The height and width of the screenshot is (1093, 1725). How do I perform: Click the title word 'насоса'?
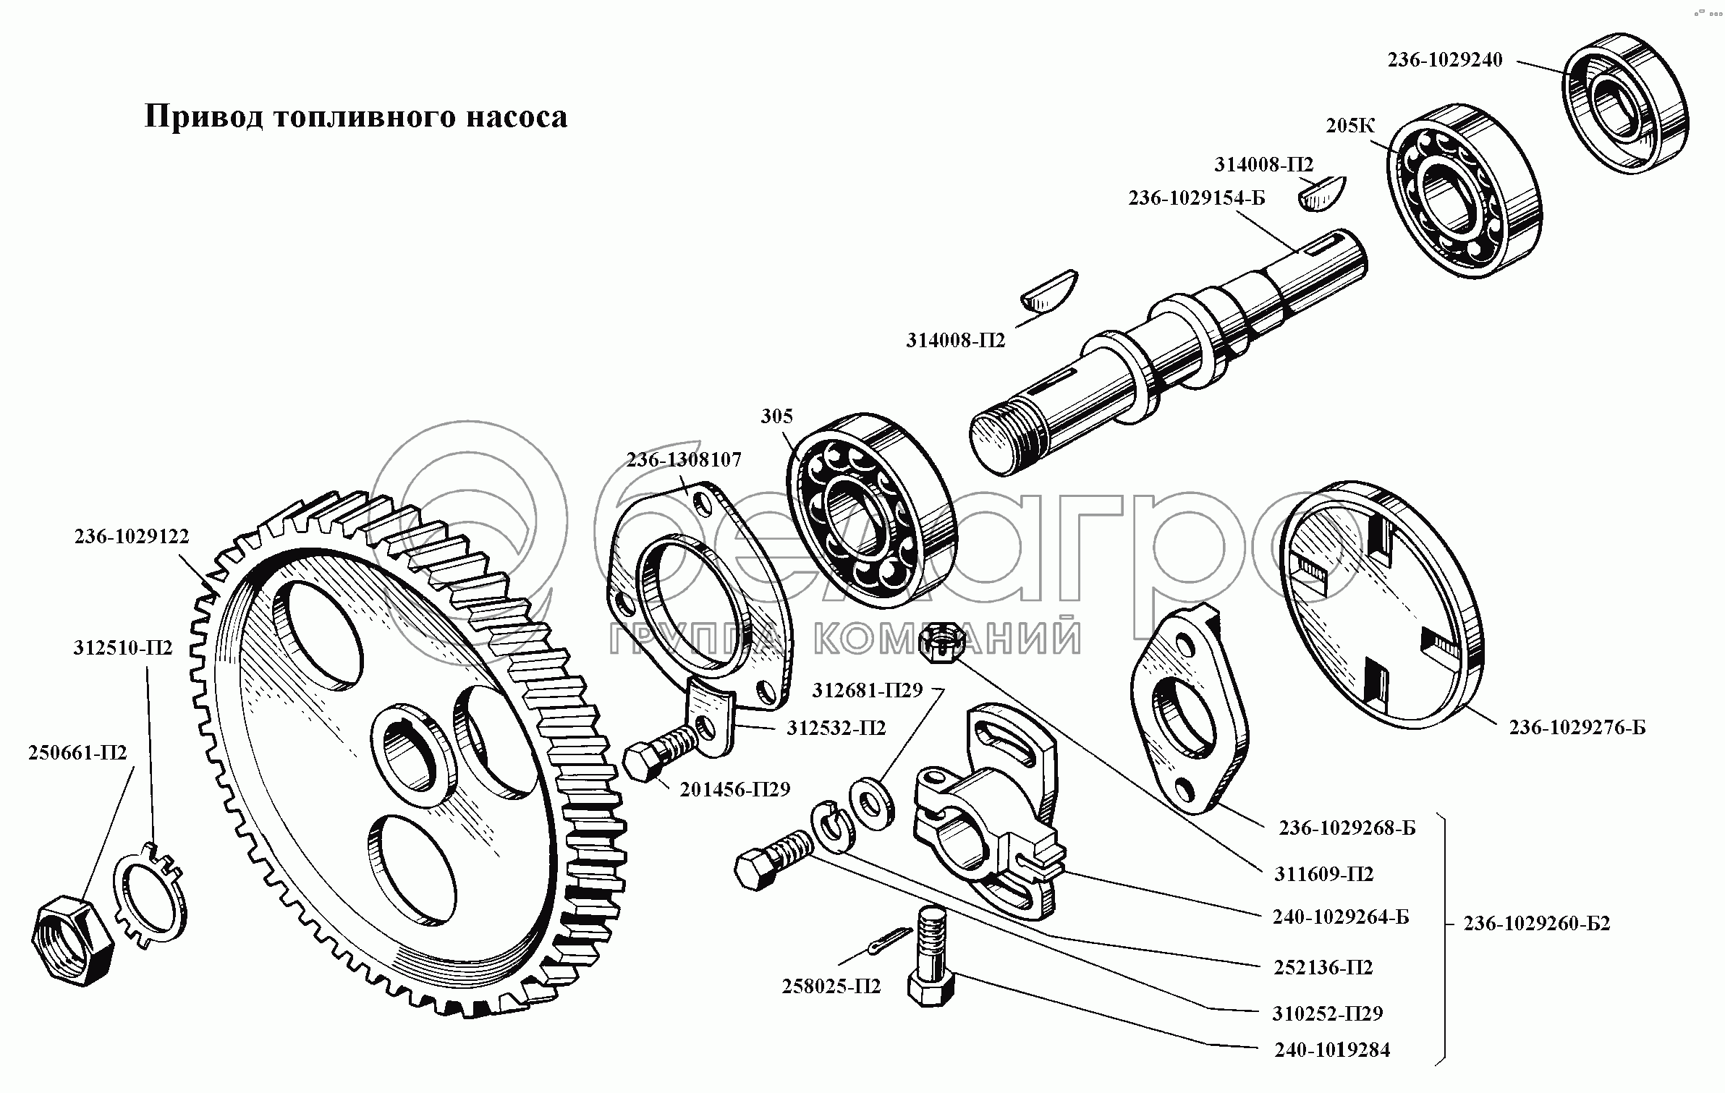tap(515, 117)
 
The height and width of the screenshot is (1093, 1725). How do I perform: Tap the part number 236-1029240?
tap(1444, 60)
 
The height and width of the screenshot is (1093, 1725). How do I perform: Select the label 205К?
tap(1349, 126)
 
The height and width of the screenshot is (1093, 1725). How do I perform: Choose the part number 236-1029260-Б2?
tap(1537, 924)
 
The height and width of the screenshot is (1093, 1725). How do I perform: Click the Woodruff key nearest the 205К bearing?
tap(1321, 194)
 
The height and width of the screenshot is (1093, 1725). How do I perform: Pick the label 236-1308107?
tap(684, 460)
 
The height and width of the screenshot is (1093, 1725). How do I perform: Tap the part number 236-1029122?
tap(131, 537)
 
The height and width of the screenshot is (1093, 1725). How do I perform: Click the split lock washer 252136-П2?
tap(834, 828)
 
